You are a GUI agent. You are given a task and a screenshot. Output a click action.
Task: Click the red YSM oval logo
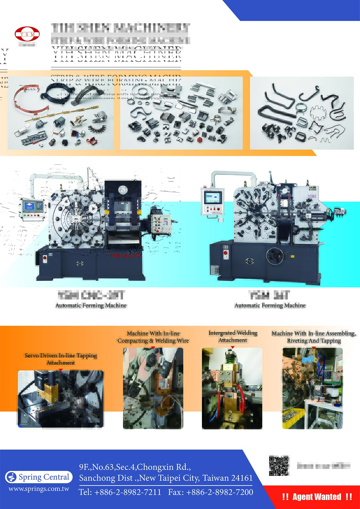27,34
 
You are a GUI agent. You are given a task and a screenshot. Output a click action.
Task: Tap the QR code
279,466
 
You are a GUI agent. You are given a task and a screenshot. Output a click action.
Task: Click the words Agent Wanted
317,497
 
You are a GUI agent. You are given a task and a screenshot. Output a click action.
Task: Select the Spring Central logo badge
39,477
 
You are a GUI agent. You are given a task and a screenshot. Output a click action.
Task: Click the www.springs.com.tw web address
39,489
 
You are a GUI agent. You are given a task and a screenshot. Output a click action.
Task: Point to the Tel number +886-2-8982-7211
120,492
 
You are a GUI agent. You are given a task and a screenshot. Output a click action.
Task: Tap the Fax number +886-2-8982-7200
211,492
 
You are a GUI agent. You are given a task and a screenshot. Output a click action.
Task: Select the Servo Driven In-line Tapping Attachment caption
61,359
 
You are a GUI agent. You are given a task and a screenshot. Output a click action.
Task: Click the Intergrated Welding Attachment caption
233,337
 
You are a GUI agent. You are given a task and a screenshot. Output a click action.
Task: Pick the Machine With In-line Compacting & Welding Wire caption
153,337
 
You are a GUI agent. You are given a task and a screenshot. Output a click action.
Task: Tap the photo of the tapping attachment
61,399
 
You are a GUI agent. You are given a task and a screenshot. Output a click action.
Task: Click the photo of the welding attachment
232,388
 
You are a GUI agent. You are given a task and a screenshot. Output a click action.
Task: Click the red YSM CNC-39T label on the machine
125,256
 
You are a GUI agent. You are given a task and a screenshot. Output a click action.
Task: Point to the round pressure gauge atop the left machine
123,190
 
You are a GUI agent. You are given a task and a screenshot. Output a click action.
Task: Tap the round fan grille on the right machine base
275,256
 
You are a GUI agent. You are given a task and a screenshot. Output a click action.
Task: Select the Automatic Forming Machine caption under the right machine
270,306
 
